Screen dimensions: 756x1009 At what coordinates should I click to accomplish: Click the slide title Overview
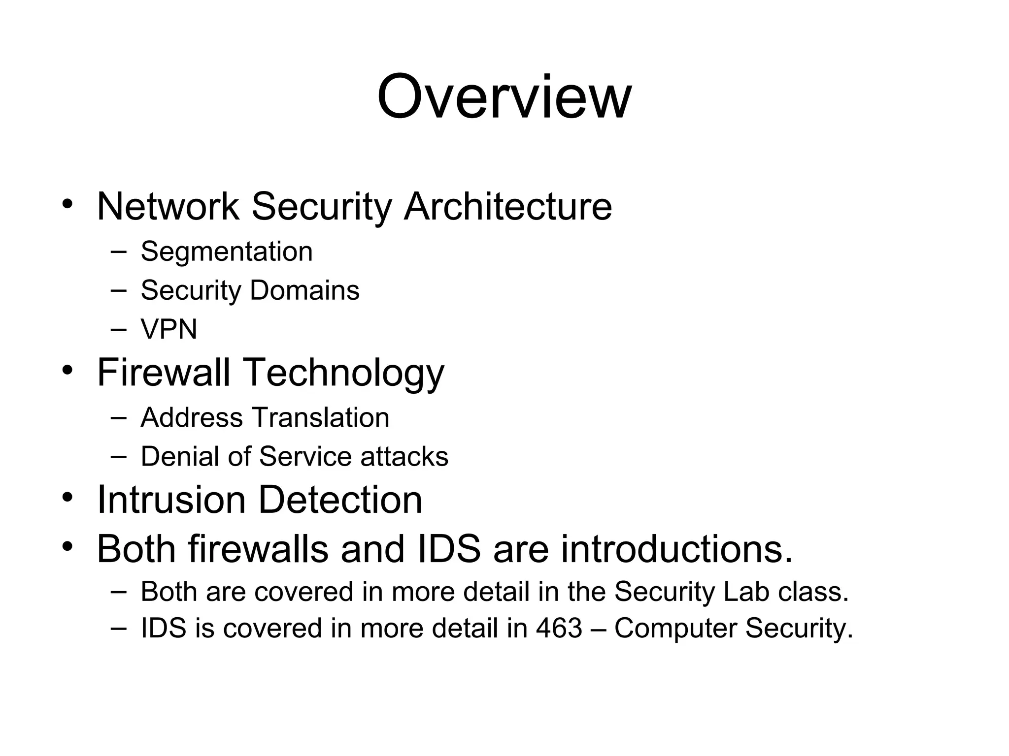tap(504, 97)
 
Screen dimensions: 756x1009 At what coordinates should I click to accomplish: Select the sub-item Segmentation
tap(227, 252)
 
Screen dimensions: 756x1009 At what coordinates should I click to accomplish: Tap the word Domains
tap(304, 290)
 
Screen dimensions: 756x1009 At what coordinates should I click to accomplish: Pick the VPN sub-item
tap(169, 329)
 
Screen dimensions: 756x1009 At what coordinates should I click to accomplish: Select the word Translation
tap(321, 418)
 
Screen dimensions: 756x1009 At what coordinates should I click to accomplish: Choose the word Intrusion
tap(171, 500)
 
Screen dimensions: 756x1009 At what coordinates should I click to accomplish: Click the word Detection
tap(340, 500)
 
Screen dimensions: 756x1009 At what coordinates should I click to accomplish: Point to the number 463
tap(559, 629)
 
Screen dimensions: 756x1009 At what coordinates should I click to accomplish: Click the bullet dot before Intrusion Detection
tap(67, 498)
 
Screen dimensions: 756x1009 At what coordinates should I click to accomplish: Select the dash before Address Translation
tap(118, 418)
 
